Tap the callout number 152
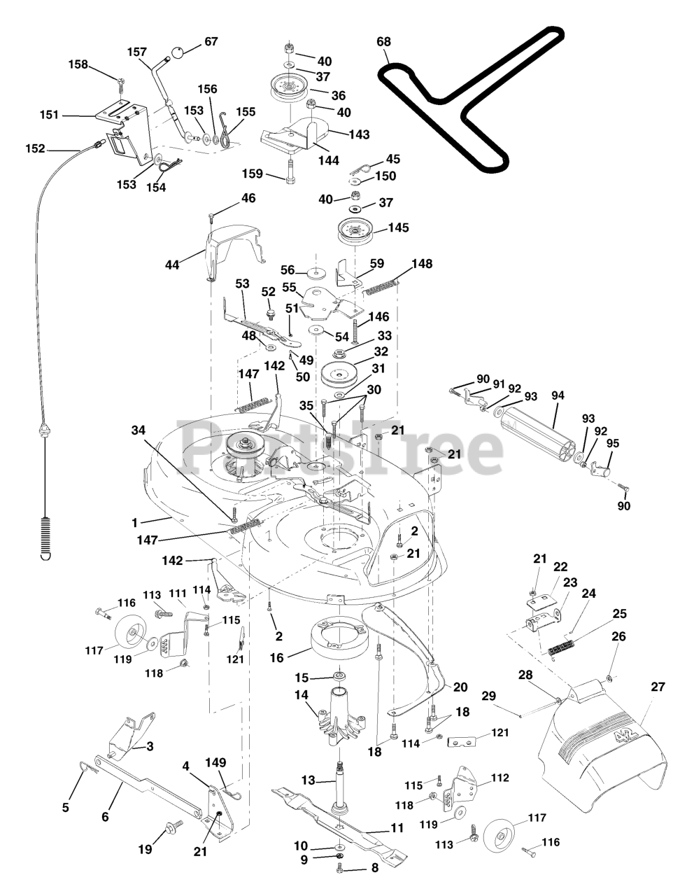click(35, 148)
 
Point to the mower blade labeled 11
click(336, 822)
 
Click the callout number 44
click(172, 265)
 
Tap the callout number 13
click(309, 779)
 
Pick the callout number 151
click(50, 115)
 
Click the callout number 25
click(619, 613)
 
